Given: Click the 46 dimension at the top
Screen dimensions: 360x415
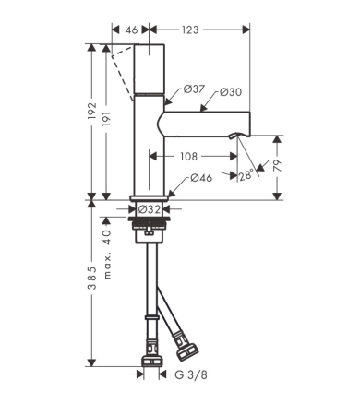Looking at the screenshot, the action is [131, 30].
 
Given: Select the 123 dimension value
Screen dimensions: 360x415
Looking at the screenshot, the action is [190, 30].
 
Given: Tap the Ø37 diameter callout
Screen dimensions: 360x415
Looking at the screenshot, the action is [194, 89].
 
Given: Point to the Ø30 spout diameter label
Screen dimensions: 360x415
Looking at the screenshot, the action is [231, 91].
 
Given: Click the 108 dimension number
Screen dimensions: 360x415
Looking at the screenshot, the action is [188, 157].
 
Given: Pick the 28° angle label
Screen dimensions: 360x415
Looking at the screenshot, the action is [246, 175].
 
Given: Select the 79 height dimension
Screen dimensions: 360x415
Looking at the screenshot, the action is [277, 165].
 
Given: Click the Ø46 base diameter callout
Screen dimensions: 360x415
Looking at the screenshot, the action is [201, 178].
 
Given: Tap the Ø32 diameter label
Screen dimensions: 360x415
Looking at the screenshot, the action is [150, 209].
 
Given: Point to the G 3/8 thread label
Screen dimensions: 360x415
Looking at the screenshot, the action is [191, 374].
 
